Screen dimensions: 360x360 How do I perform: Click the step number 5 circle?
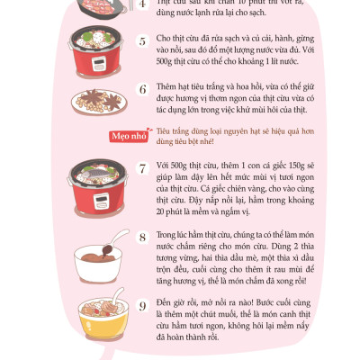point(141,42)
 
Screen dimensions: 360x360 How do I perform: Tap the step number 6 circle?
point(141,90)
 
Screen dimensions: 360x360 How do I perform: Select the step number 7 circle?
point(141,168)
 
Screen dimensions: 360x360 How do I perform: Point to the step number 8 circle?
point(141,237)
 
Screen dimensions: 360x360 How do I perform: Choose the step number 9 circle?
point(141,305)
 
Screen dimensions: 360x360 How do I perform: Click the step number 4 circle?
point(141,4)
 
